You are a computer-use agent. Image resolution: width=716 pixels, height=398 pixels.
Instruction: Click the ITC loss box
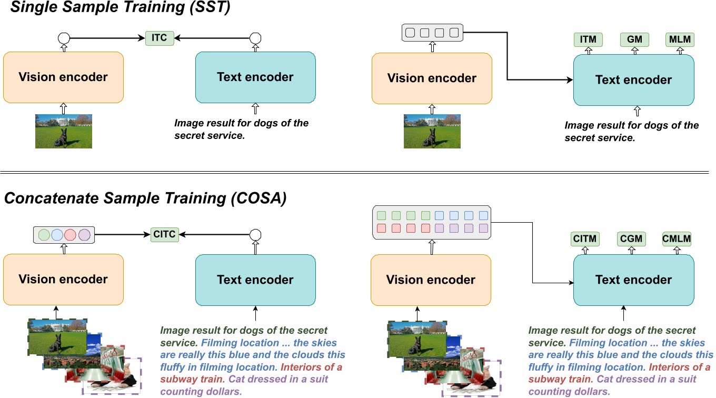point(160,38)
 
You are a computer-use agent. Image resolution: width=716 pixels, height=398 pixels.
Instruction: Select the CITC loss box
point(164,234)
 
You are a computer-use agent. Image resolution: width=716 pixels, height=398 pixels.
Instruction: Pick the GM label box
point(634,39)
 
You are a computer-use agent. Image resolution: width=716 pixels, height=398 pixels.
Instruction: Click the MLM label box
point(679,39)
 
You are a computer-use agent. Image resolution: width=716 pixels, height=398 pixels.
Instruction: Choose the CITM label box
point(585,239)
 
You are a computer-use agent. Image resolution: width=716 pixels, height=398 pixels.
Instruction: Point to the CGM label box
point(631,239)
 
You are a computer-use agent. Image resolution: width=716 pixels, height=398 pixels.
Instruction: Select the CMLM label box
point(677,239)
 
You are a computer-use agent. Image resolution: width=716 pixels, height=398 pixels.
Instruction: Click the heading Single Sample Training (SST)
point(117,9)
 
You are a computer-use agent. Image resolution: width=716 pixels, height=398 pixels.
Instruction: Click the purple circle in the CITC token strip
point(85,235)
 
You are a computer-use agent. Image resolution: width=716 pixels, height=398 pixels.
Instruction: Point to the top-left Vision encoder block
point(63,77)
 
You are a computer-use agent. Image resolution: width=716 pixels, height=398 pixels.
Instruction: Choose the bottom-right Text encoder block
point(633,280)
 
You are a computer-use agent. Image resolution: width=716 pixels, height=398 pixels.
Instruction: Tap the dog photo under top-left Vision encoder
point(63,131)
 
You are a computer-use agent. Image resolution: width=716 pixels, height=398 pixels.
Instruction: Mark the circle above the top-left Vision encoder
point(63,38)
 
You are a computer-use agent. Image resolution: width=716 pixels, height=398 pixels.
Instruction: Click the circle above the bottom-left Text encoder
point(255,234)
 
